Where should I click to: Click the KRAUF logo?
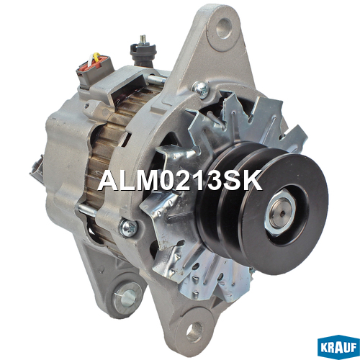point(338,347)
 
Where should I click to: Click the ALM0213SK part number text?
point(180,181)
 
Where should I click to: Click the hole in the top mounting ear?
point(224,28)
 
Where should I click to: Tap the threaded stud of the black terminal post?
point(143,39)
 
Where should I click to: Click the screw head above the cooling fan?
point(201,90)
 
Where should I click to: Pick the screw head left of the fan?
point(128,228)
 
